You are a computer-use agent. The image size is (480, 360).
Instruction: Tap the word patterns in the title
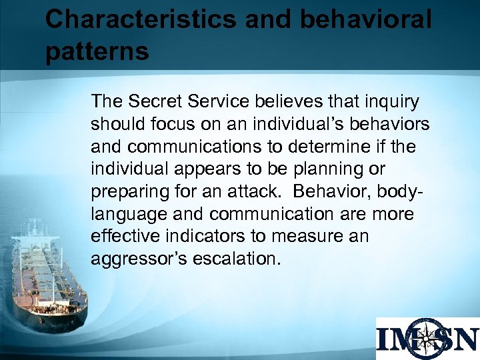point(97,51)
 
